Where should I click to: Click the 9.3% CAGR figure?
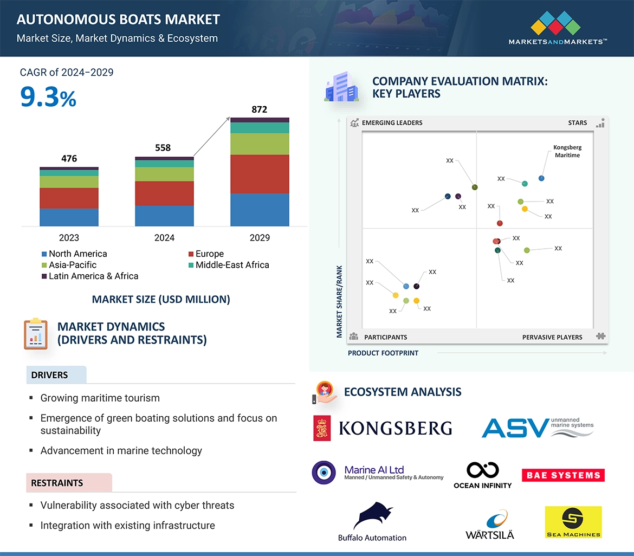[48, 96]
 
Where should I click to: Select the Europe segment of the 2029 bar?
[260, 174]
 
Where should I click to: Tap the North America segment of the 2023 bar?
[69, 217]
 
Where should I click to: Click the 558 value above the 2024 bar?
[163, 147]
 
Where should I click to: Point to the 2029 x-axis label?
[260, 237]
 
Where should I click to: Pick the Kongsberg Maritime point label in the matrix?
[567, 151]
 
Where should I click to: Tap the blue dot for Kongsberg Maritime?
[541, 178]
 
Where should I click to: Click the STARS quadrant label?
[578, 123]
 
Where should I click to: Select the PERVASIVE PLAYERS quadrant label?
[552, 337]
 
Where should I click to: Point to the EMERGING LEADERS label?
[392, 123]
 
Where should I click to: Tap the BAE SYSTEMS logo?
[563, 475]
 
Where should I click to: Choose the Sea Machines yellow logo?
[573, 522]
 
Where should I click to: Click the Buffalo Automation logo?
[372, 522]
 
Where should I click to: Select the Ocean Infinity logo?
[482, 475]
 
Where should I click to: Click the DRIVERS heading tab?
[50, 375]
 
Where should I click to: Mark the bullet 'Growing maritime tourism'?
[100, 398]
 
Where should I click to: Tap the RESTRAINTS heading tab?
[57, 483]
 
